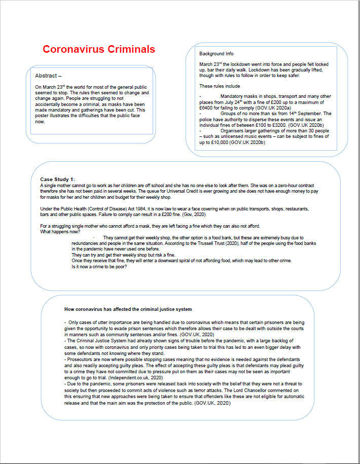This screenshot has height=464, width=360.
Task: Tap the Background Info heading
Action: (217, 54)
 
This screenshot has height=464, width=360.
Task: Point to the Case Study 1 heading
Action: (57, 180)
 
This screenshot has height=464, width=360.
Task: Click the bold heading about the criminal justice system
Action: (128, 309)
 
